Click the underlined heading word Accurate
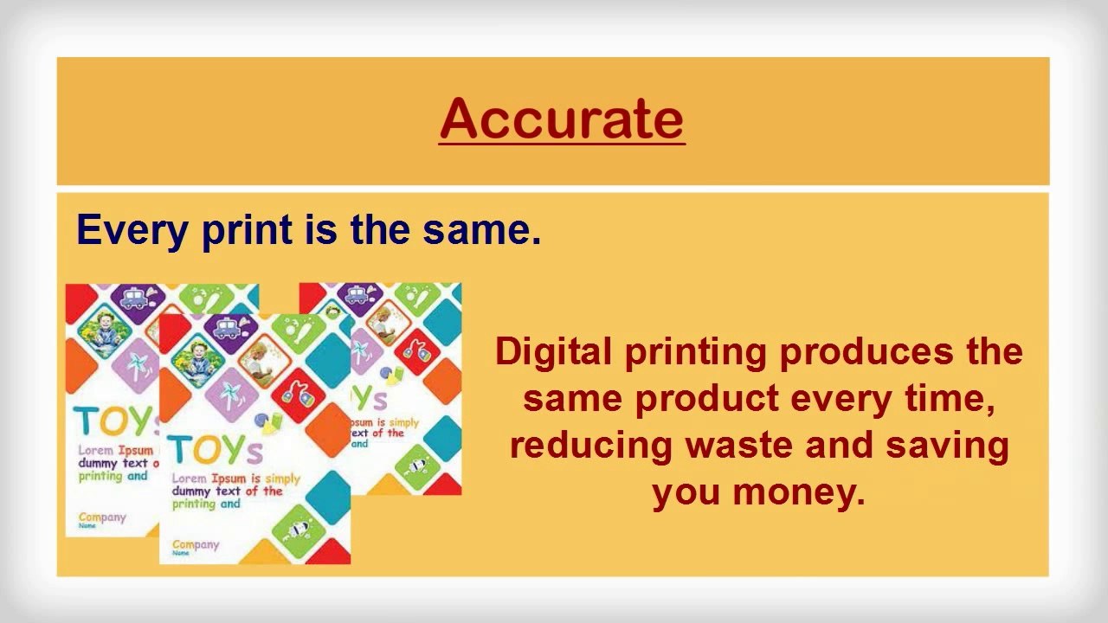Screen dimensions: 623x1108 [562, 119]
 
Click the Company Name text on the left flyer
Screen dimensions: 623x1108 [101, 519]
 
